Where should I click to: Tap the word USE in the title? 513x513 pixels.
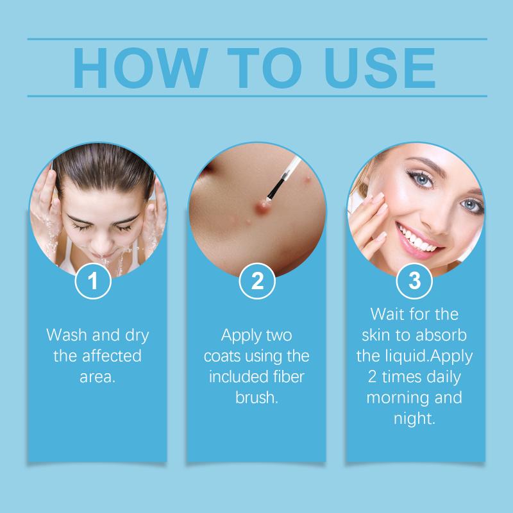click(x=380, y=68)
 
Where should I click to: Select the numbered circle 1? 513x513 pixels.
click(x=93, y=281)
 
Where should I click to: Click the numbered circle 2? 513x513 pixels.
click(x=257, y=281)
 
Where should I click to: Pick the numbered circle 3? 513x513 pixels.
click(x=414, y=281)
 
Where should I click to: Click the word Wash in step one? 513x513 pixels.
click(x=67, y=335)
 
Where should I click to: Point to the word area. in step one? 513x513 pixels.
click(x=97, y=377)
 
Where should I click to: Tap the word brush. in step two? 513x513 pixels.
click(x=257, y=398)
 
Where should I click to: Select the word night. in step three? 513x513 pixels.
click(x=414, y=419)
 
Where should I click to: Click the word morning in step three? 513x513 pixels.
click(x=395, y=398)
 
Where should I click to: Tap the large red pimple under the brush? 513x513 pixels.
click(x=262, y=206)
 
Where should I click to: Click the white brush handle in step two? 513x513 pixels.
click(x=291, y=167)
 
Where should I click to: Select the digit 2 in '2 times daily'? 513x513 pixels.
click(x=373, y=377)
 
